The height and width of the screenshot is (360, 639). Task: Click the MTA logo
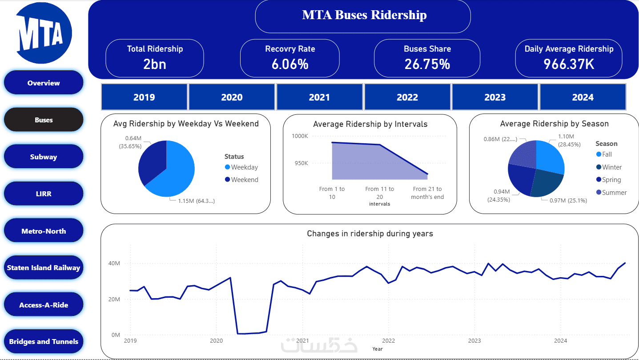43,33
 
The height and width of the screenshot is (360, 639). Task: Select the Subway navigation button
44,157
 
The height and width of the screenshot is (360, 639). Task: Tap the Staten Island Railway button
44,268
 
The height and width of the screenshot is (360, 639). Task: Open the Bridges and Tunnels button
44,342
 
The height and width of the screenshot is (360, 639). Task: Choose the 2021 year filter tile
319,97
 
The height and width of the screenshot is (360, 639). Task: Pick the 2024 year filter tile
583,97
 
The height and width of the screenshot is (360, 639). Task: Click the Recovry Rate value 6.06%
290,64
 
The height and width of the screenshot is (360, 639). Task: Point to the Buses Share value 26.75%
427,64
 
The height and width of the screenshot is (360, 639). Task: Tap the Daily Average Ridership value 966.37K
569,64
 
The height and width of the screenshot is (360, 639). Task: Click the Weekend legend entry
244,180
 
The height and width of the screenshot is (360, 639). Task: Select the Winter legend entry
611,167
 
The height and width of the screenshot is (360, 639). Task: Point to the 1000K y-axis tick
300,136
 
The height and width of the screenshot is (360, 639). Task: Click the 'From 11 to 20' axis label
379,193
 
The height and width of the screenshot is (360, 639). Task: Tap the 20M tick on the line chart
115,299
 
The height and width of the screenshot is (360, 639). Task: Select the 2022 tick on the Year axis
388,341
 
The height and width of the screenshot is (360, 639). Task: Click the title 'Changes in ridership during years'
370,234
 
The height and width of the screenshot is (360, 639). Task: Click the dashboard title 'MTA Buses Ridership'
364,15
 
